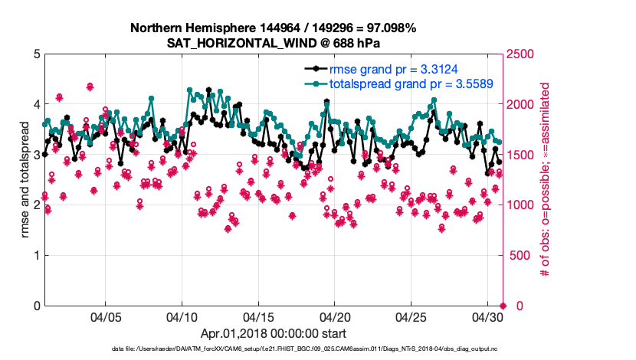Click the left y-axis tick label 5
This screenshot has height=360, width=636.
(x=37, y=54)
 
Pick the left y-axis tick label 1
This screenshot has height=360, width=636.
(x=37, y=255)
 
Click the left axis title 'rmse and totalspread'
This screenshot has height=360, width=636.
(x=25, y=180)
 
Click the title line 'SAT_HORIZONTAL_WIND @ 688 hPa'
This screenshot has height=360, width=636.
(x=273, y=43)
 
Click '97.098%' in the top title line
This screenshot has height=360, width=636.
(x=388, y=28)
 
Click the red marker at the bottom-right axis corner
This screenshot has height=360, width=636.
(x=503, y=306)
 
